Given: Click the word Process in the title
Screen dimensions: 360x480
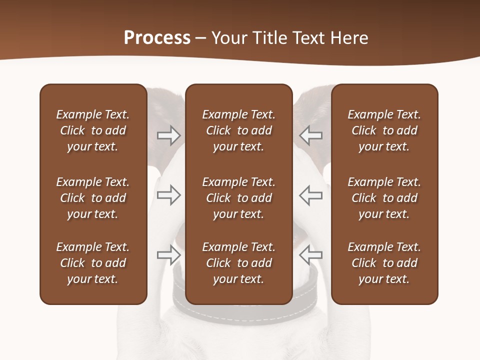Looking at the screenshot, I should coord(157,38).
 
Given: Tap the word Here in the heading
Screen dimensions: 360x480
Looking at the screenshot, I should coord(349,38).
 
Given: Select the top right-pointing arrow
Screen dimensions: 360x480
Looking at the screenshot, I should coord(168,135).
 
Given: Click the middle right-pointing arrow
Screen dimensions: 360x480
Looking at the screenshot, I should coord(168,195).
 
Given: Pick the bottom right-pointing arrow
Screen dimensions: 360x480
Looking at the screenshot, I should coord(168,255).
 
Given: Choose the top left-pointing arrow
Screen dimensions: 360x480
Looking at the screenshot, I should coord(310,135).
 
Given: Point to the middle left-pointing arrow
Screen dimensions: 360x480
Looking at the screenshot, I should coord(310,195).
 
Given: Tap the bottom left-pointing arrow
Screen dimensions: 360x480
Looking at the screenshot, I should coord(310,255).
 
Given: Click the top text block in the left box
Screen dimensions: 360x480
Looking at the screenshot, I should coord(93,130).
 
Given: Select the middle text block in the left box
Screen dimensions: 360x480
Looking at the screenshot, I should coord(93,198).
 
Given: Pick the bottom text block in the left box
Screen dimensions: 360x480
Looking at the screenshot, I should coord(93,263).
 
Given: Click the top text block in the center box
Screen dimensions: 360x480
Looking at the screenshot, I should coord(238,130).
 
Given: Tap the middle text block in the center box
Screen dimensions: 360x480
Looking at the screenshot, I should coord(238,198).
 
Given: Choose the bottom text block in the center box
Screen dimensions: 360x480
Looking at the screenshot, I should coord(238,263).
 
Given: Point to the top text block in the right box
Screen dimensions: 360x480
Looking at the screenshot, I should coord(384,130).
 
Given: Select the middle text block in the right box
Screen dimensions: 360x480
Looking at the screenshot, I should coord(384,198).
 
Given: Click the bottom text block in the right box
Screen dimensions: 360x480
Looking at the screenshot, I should coord(384,263).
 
